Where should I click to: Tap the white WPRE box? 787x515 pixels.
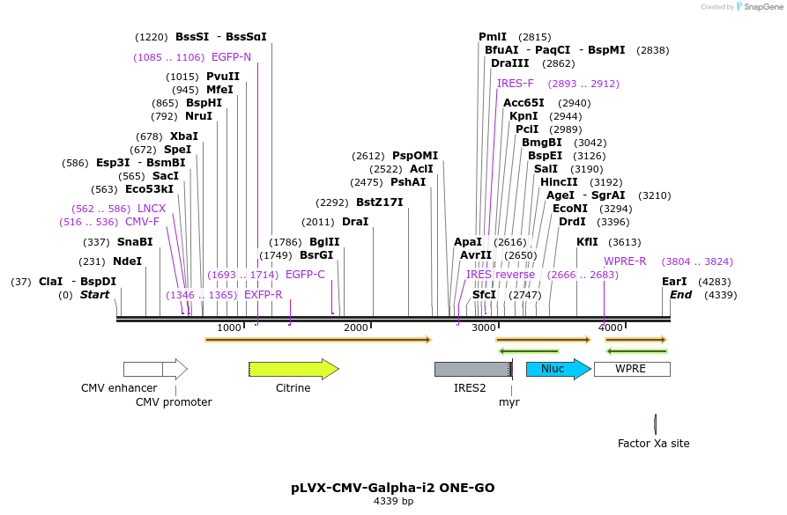tap(631, 369)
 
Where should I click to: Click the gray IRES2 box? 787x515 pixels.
tap(471, 370)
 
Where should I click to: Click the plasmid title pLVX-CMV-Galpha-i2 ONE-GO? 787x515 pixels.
tap(393, 488)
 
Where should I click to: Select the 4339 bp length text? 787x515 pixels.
tap(393, 501)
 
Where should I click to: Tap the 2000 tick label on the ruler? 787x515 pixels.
tap(355, 327)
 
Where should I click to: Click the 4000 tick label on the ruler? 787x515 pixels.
tap(611, 327)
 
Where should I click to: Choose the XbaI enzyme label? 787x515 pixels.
tap(184, 136)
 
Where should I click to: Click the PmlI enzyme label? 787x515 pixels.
tap(493, 37)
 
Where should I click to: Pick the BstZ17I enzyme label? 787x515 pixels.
tap(379, 202)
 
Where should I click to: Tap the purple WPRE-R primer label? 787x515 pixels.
tap(625, 261)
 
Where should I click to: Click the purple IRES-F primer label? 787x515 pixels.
tap(516, 84)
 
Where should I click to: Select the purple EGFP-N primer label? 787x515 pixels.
tap(231, 57)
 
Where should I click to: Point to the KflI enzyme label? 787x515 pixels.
tap(587, 242)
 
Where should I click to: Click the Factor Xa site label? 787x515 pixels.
tap(653, 444)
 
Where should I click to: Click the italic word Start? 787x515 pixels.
tap(94, 295)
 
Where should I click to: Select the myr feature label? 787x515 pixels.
tap(509, 401)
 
